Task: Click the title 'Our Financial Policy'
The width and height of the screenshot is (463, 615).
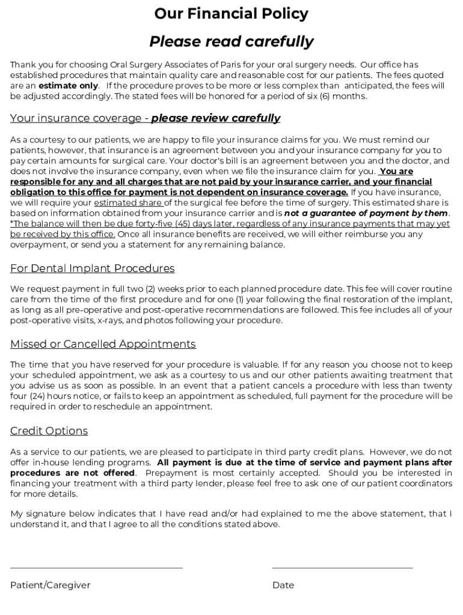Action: coord(231,14)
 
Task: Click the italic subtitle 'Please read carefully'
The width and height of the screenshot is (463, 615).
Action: coord(231,41)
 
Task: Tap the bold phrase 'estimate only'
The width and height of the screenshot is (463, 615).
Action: coord(68,86)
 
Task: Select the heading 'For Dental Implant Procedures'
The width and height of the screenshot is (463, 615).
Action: coord(92,268)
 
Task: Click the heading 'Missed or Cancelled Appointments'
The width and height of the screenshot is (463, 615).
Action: coord(103,344)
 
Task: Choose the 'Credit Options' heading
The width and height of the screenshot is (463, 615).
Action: coord(49,431)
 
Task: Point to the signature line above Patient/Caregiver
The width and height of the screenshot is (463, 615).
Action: coord(96,568)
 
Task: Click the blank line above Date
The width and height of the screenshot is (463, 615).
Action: coord(342,568)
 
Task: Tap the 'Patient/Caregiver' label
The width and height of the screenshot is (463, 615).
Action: coord(50,585)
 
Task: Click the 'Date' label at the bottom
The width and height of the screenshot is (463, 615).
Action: coord(283,585)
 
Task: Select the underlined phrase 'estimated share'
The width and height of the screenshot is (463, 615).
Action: coord(127,203)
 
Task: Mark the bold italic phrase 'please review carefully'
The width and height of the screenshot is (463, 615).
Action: coord(215,118)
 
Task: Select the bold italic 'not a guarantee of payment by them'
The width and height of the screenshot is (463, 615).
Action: coord(366,213)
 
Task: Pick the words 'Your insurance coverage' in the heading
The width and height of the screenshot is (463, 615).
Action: coord(75,118)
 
